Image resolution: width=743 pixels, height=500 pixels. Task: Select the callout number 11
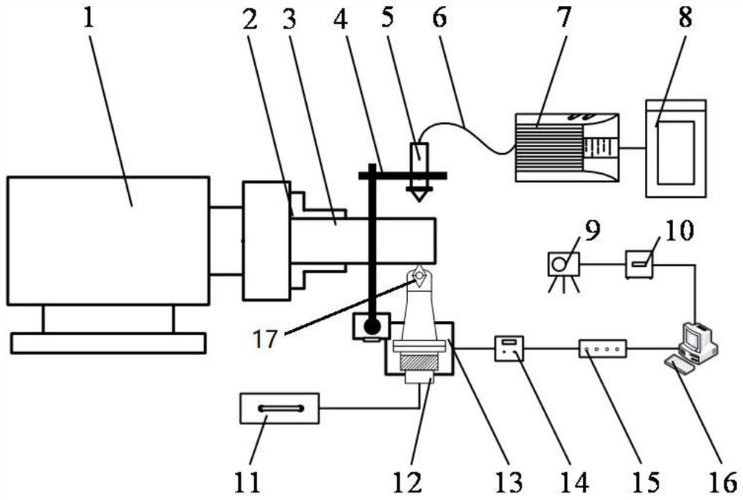pos(247,483)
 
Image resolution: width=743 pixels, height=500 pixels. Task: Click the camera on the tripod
pos(564,265)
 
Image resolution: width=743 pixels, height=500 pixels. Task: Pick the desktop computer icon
pos(698,342)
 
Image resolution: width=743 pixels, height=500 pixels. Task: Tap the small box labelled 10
pos(639,264)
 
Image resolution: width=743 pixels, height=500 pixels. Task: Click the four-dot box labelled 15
pos(603,348)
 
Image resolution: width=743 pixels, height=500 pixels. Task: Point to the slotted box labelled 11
pos(279,408)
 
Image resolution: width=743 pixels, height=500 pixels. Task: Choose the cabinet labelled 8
pos(675,149)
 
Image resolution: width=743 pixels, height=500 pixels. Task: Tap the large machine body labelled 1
pos(108,240)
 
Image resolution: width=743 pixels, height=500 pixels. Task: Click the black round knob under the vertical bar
pos(371,325)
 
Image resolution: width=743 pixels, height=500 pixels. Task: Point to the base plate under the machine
pos(108,342)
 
